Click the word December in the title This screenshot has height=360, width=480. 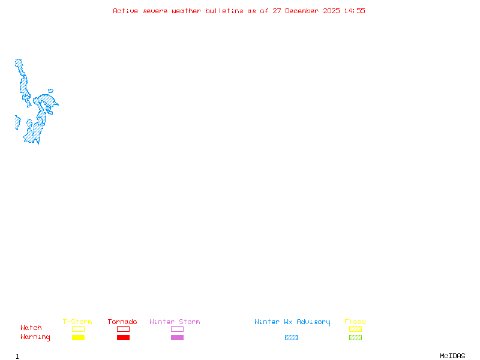click(x=302, y=11)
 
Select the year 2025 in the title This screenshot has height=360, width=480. click(x=331, y=11)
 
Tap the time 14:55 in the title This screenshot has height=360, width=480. click(x=355, y=11)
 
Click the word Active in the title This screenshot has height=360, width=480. click(x=125, y=11)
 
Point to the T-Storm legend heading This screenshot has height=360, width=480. click(x=77, y=322)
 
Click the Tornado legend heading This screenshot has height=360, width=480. click(x=122, y=322)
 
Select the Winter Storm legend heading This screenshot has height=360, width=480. click(x=175, y=322)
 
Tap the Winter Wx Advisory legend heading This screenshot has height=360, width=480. click(x=292, y=322)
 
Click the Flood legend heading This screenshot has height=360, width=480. click(x=355, y=322)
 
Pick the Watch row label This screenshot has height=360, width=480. click(x=31, y=328)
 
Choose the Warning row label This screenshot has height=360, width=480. click(x=35, y=337)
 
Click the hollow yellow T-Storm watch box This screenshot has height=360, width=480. click(x=79, y=329)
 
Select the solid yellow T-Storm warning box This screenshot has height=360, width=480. click(x=79, y=338)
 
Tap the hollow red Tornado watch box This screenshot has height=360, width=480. click(x=124, y=329)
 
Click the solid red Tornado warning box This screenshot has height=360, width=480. click(x=124, y=338)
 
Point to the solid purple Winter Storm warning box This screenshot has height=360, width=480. click(x=177, y=338)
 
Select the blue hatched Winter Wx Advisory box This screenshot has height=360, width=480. click(x=291, y=338)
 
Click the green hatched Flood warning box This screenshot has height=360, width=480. click(x=355, y=338)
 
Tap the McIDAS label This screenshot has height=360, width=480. click(x=452, y=356)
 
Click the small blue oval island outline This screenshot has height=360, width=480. click(x=50, y=91)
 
